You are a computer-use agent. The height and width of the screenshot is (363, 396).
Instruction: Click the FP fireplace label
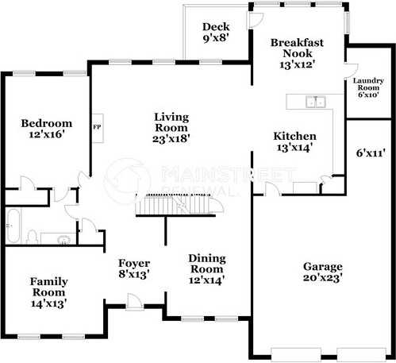pos(97,127)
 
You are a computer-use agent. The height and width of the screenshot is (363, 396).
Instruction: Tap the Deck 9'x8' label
pos(216,33)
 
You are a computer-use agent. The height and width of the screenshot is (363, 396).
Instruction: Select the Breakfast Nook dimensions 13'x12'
pos(298,64)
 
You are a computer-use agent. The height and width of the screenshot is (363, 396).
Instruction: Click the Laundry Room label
pos(368,84)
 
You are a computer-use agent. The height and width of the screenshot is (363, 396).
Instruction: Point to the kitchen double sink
pos(316,102)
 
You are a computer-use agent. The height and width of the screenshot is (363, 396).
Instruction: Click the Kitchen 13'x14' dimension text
pos(295,148)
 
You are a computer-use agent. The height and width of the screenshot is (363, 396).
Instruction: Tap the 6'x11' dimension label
pos(371,153)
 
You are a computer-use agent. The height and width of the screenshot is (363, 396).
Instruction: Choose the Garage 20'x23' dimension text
pos(323,278)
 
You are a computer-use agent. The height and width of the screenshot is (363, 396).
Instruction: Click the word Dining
pos(207,259)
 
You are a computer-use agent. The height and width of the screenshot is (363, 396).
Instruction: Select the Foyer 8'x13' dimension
pos(134,275)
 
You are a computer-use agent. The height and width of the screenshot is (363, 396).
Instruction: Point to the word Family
pos(49,282)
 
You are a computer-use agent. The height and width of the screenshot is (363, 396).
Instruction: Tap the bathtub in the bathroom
pos(13,226)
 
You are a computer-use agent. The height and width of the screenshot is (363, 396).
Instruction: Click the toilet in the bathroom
pos(32,237)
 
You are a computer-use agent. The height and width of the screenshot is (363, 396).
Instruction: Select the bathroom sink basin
pos(63,240)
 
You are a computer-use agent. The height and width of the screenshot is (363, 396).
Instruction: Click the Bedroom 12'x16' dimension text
pos(47,134)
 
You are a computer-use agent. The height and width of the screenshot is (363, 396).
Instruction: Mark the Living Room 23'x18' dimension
pos(171,139)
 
